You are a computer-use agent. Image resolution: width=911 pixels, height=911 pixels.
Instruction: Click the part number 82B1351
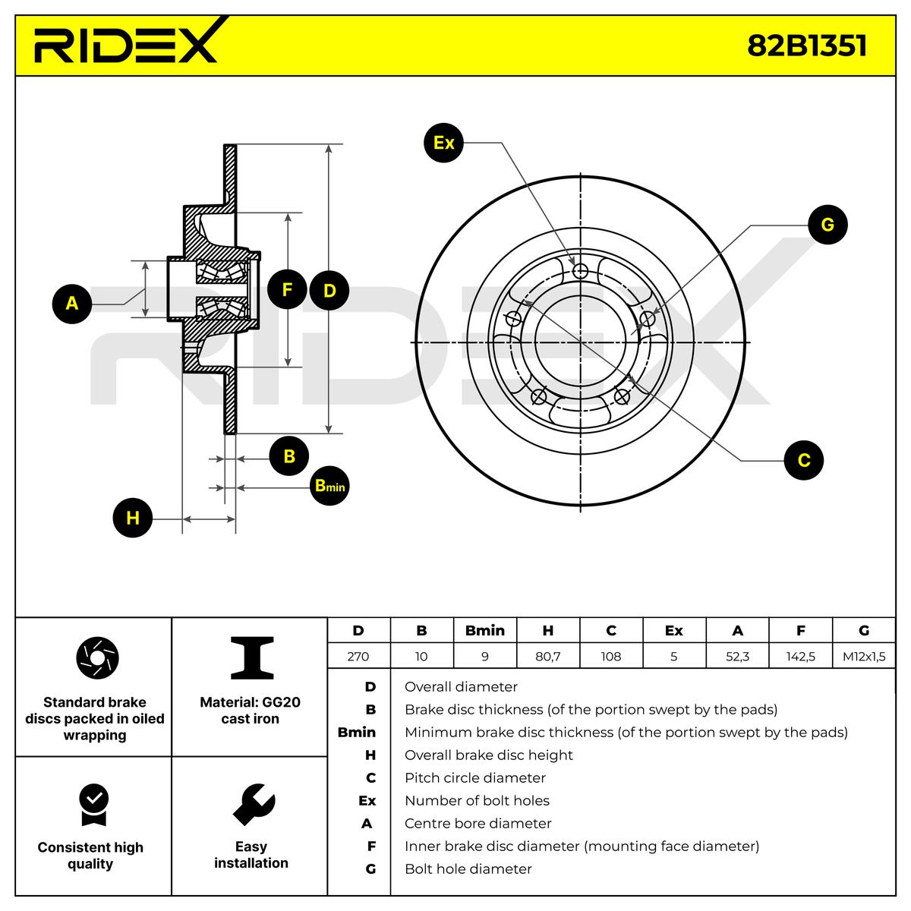coord(806,46)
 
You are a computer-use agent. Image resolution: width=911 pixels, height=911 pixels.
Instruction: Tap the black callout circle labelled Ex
coord(444,142)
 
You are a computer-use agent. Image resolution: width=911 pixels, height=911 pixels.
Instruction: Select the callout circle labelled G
coord(827,225)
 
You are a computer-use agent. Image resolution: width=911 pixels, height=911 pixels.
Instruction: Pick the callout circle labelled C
coord(803,460)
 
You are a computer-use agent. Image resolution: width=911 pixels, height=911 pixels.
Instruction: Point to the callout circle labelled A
coord(72,304)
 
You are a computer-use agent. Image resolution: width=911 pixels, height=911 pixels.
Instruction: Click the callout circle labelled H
coord(133,519)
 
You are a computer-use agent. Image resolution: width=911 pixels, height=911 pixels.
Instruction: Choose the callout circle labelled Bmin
coord(329,486)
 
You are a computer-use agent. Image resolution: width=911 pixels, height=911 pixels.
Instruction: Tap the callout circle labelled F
coord(287,289)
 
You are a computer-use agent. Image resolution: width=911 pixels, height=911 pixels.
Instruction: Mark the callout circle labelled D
coord(329,290)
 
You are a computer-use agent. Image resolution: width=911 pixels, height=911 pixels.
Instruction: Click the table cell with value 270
coord(358,657)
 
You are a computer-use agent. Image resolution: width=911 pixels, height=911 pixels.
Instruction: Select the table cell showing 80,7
coord(547,657)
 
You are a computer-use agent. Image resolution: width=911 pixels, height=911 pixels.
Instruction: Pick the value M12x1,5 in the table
coord(864,657)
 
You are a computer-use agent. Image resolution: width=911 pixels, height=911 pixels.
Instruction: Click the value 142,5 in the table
coord(801,657)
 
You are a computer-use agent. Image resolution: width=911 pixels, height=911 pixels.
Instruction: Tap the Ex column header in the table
coord(673,631)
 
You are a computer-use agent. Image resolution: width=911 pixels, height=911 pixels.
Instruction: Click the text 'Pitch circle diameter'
coord(475,778)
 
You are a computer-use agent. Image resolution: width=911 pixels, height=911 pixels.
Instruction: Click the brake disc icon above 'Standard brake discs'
coord(98,657)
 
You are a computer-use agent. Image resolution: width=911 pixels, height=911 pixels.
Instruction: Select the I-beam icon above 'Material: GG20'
coord(252,657)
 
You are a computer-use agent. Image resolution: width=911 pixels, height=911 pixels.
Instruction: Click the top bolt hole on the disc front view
coord(582,272)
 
